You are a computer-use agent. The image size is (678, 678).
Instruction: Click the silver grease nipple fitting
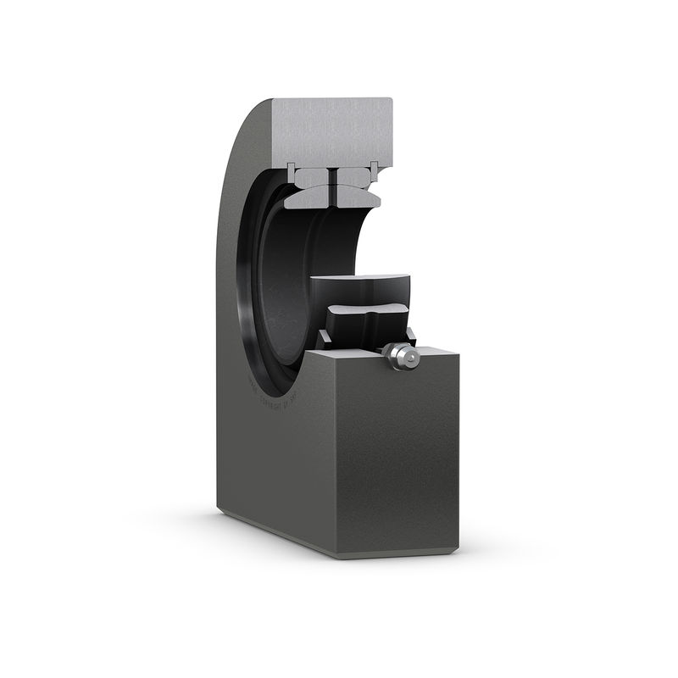click(398, 355)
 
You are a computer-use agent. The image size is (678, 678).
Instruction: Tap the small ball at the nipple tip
click(410, 358)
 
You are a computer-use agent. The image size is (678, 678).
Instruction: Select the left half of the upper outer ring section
click(312, 178)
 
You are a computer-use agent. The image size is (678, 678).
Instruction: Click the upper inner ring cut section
click(332, 197)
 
